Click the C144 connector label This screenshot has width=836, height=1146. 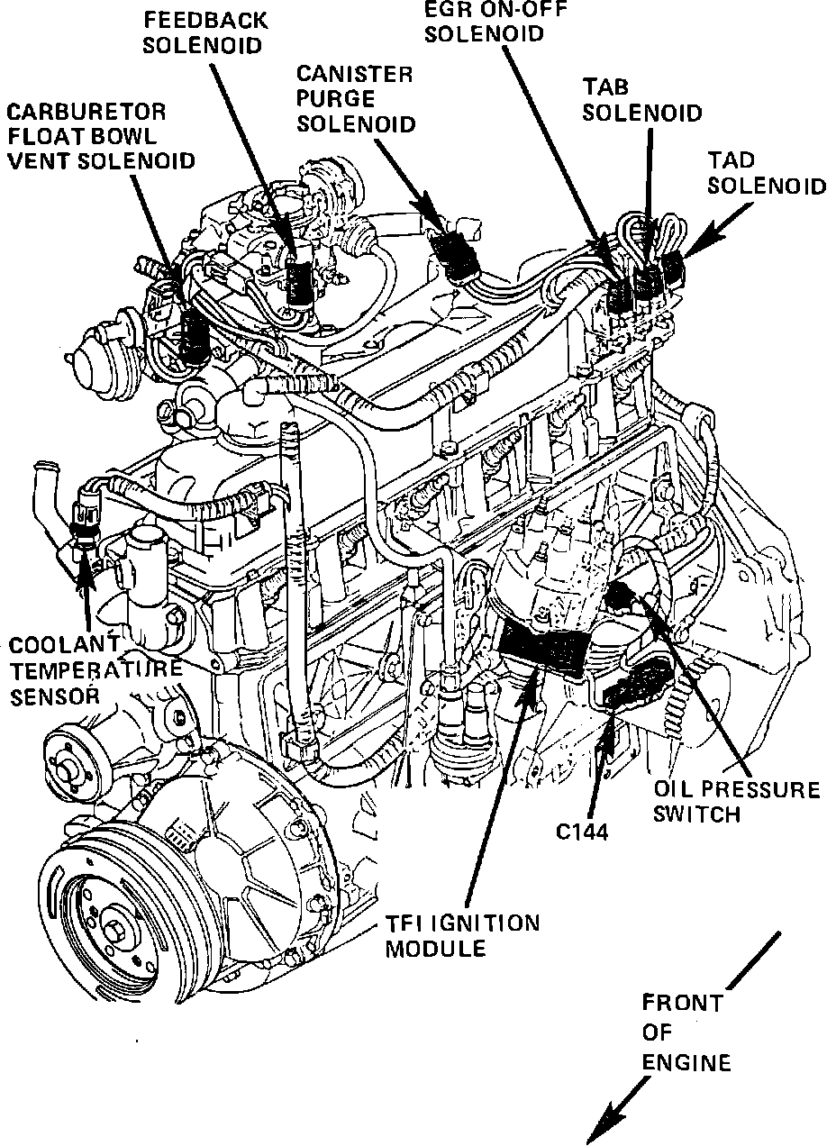point(583,831)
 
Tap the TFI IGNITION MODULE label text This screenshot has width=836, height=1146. point(462,935)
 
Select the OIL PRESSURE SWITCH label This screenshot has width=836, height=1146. point(736,802)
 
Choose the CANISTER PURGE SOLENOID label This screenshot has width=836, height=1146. point(356,98)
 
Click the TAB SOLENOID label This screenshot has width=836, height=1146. point(641,100)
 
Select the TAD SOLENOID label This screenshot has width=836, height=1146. point(766,172)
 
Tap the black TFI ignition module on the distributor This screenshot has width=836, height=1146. point(545,647)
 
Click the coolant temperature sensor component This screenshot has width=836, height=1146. point(84,519)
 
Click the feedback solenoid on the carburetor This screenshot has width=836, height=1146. point(296,281)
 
